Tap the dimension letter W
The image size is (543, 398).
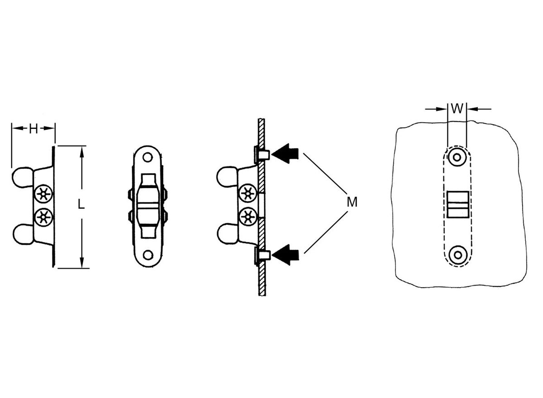[x=457, y=109]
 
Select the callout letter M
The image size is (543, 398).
[x=352, y=202]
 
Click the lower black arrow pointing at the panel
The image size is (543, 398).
[x=285, y=255]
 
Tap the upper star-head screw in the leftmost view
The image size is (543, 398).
[x=43, y=194]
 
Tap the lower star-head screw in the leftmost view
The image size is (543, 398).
[x=43, y=217]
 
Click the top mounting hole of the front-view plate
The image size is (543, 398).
[x=148, y=157]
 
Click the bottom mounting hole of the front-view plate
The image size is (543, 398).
[x=148, y=255]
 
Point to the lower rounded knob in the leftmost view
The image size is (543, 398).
[x=23, y=234]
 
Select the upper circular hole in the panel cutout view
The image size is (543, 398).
[x=457, y=157]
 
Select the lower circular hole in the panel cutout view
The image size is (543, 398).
[x=457, y=255]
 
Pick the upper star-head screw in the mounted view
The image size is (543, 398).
[x=248, y=193]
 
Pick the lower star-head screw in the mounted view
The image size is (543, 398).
[x=248, y=217]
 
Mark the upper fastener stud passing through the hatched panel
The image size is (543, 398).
[x=262, y=155]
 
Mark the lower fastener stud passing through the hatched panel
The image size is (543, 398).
[x=262, y=256]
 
